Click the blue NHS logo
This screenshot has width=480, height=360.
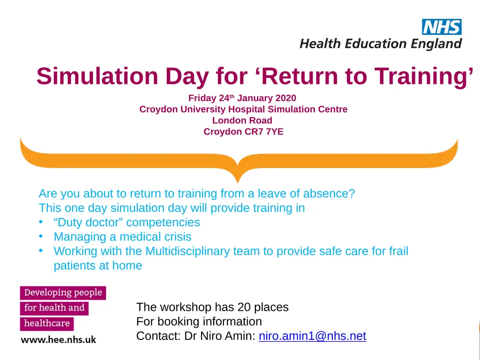click(442, 27)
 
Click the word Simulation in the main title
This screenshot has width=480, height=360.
click(97, 76)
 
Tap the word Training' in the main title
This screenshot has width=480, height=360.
click(424, 76)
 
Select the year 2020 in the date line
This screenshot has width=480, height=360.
click(285, 98)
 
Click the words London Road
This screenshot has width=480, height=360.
click(242, 120)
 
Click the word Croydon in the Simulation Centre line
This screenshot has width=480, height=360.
click(158, 109)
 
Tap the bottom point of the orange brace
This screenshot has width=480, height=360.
click(238, 183)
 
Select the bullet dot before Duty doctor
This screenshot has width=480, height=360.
click(41, 222)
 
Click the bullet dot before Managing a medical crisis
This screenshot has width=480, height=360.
click(41, 236)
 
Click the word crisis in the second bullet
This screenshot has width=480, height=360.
click(178, 237)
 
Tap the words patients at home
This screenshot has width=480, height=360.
click(98, 265)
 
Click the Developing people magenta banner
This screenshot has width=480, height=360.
click(63, 293)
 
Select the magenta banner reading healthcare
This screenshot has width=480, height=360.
click(47, 323)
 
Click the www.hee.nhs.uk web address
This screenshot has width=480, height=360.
click(59, 340)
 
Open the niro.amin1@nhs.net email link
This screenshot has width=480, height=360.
click(313, 336)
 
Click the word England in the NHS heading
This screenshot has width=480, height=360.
click(436, 44)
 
